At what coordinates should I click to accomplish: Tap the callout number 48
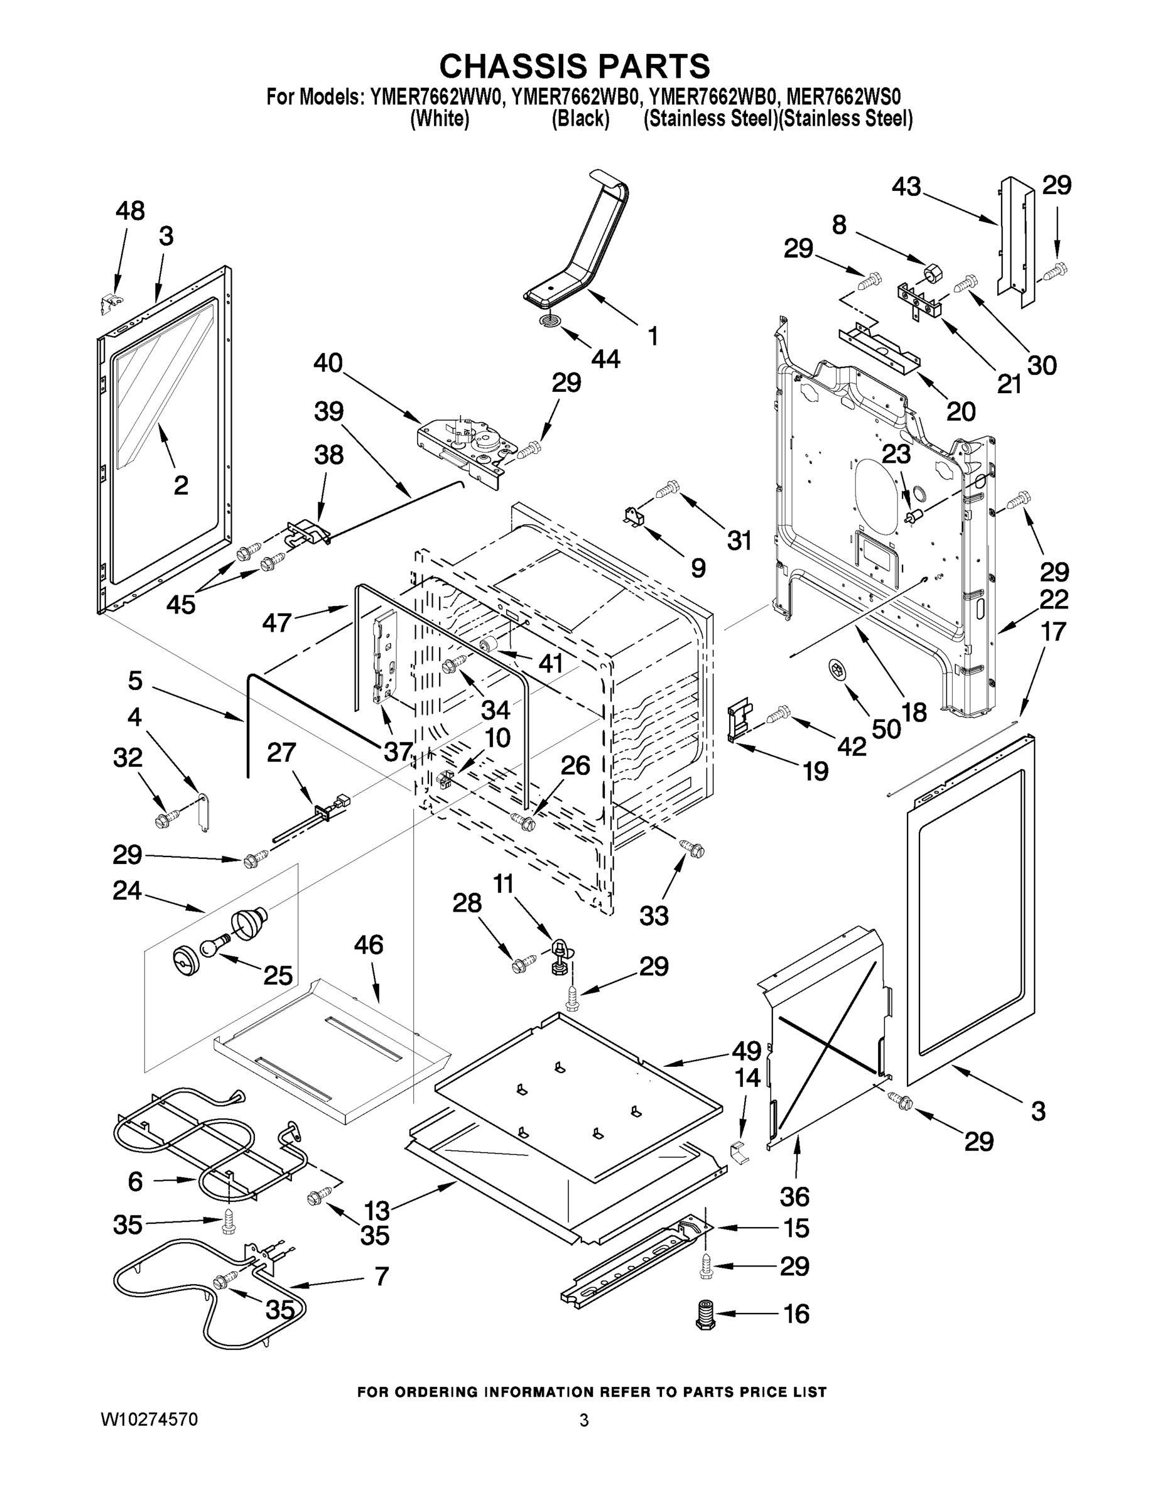[130, 210]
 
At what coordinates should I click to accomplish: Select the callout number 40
[328, 362]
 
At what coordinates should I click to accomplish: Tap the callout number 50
[886, 728]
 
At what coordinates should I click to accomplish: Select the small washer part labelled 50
[836, 669]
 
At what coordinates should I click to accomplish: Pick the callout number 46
[369, 944]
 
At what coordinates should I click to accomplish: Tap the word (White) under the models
[440, 119]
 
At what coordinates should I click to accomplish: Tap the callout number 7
[381, 1276]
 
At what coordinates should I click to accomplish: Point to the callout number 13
[377, 1210]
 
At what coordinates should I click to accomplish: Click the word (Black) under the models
[580, 119]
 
